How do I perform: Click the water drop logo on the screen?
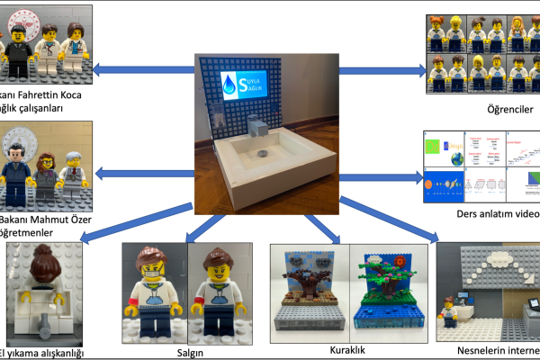[232, 85]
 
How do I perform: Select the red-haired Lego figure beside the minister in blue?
[44, 171]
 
